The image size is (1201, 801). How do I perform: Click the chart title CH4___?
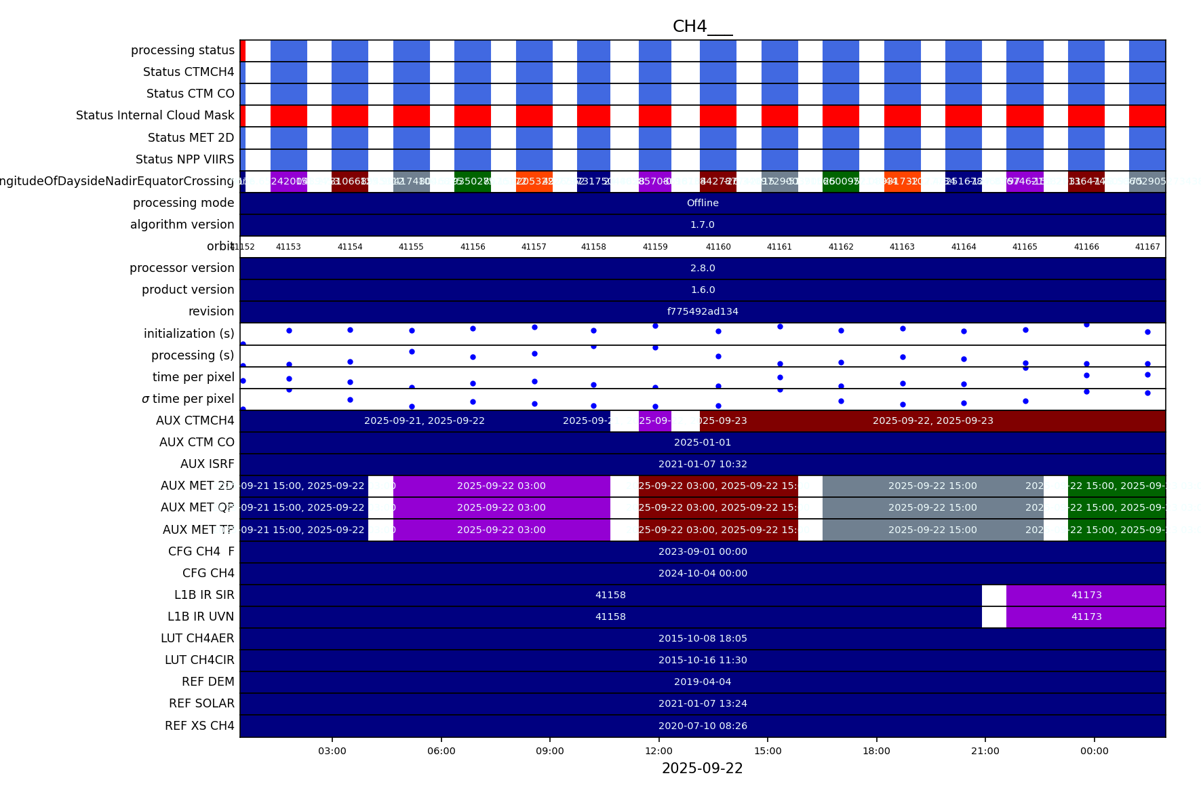coord(702,26)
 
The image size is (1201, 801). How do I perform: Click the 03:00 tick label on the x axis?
coord(332,751)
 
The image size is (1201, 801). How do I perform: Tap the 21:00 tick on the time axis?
coord(985,751)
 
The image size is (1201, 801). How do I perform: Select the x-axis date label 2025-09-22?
coord(702,768)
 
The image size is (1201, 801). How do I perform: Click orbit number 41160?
coord(718,247)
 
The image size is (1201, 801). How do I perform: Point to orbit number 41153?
coord(288,247)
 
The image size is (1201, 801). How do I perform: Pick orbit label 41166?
coord(1086,247)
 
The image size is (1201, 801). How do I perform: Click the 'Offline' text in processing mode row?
coord(703,203)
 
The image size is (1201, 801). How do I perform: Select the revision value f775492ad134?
coord(703,311)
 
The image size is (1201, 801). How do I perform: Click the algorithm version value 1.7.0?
coord(703,224)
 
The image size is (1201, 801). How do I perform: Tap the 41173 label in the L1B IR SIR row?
coord(1086,595)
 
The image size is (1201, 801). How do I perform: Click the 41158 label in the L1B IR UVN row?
coord(610,617)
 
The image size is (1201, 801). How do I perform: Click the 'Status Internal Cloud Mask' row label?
coord(155,115)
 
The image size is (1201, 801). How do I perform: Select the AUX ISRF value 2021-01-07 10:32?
coord(703,464)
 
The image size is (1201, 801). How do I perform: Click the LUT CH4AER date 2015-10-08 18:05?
coord(703,638)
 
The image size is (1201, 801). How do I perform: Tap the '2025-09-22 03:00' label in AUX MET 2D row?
coord(501,486)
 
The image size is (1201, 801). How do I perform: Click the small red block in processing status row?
coord(243,50)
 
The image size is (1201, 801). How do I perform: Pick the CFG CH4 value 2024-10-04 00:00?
coord(703,573)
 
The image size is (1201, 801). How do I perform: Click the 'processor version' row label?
coord(182,268)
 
